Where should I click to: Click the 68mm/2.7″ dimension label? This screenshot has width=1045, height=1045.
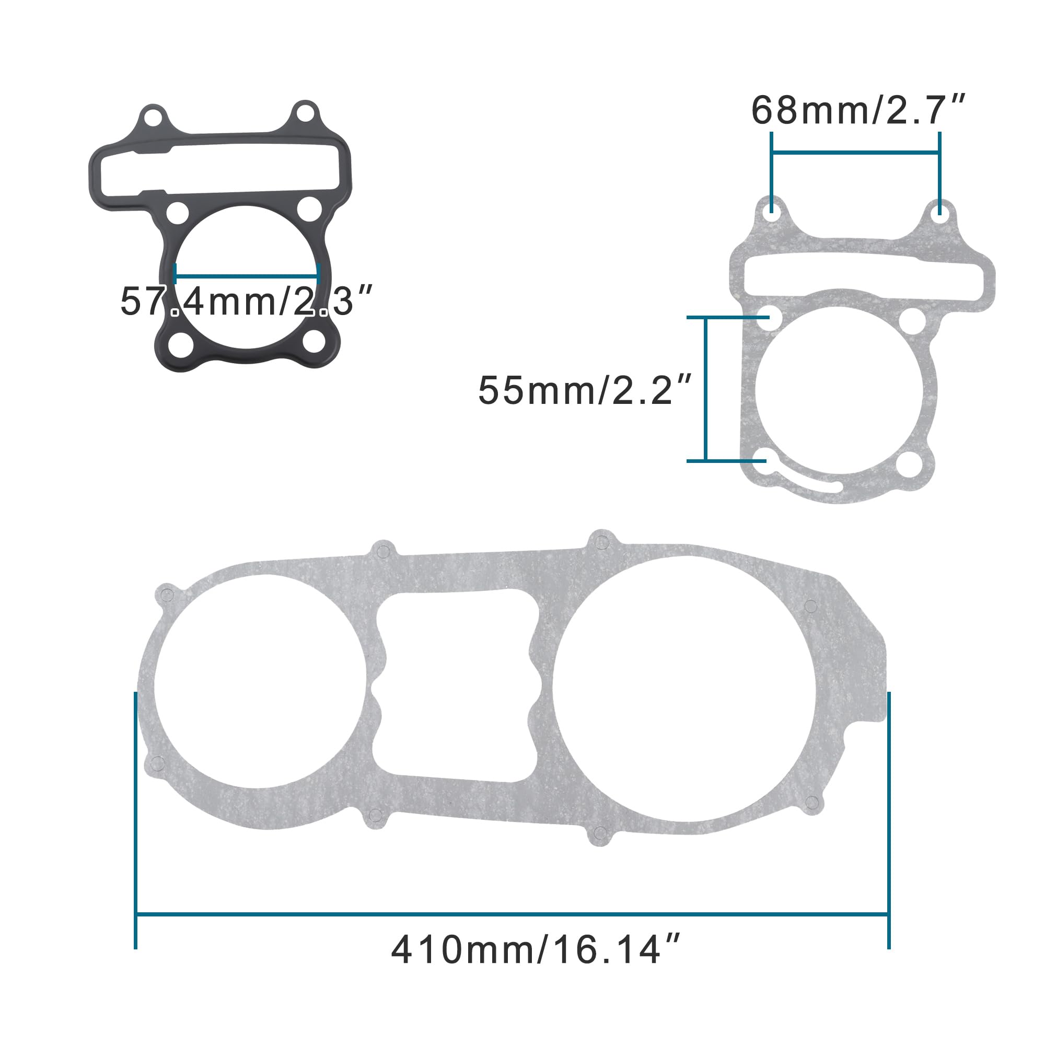pyautogui.click(x=858, y=111)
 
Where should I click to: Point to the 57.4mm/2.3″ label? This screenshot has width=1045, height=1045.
pyautogui.click(x=246, y=302)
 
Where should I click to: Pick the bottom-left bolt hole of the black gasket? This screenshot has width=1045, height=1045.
pyautogui.click(x=181, y=344)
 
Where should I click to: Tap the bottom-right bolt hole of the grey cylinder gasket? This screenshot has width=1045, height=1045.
pyautogui.click(x=909, y=465)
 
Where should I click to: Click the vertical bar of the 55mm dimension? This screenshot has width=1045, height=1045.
pyautogui.click(x=705, y=389)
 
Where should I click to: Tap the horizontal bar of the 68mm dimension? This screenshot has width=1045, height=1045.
pyautogui.click(x=855, y=153)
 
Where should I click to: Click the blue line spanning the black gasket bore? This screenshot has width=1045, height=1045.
pyautogui.click(x=247, y=277)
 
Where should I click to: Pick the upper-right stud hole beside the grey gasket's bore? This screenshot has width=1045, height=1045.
pyautogui.click(x=912, y=321)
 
